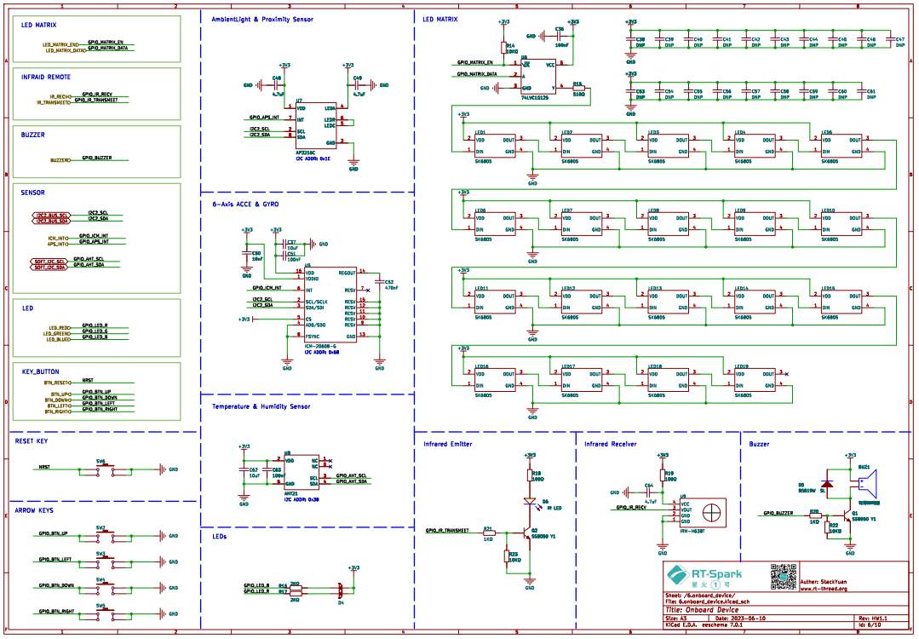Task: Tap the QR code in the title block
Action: tap(781, 576)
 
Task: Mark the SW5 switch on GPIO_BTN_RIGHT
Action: tap(101, 613)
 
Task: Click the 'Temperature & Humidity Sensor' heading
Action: tap(261, 406)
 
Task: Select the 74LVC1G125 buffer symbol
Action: tap(543, 76)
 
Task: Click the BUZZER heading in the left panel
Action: tap(33, 134)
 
